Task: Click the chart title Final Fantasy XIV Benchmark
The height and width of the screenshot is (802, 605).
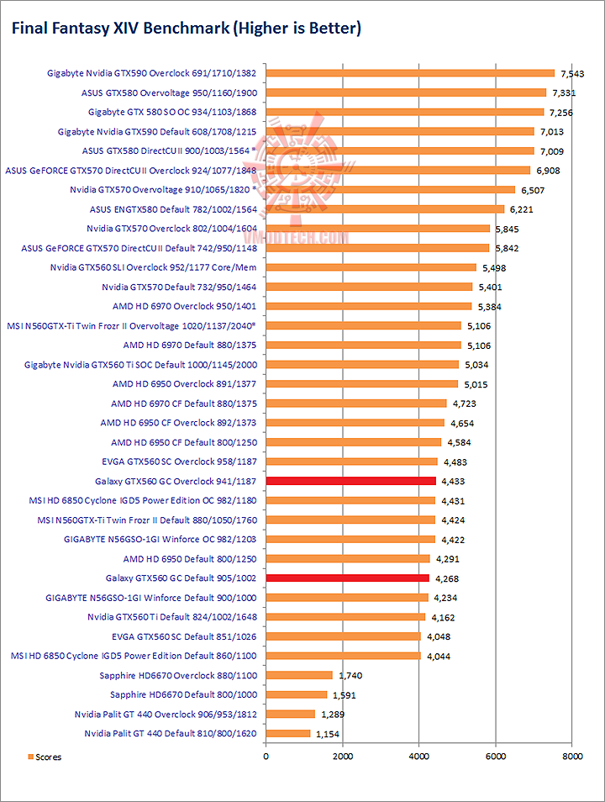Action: pyautogui.click(x=185, y=29)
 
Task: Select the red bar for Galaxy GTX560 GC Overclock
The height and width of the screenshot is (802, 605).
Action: pyautogui.click(x=350, y=481)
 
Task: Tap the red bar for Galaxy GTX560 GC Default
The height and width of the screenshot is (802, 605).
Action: pyautogui.click(x=347, y=578)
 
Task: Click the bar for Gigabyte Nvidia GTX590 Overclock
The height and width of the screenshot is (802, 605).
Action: pyautogui.click(x=410, y=73)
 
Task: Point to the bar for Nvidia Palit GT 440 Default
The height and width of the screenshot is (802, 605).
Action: pyautogui.click(x=287, y=734)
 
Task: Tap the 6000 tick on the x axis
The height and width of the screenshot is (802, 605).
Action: pyautogui.click(x=495, y=757)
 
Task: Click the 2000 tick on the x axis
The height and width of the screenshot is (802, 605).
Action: pyautogui.click(x=342, y=757)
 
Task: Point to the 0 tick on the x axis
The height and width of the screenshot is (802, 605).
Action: pyautogui.click(x=266, y=757)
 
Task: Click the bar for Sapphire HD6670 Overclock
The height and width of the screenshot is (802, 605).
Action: pyautogui.click(x=299, y=675)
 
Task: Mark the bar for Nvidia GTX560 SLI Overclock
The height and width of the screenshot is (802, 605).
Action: pyautogui.click(x=371, y=267)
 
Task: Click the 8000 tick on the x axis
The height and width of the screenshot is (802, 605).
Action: pyautogui.click(x=571, y=757)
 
